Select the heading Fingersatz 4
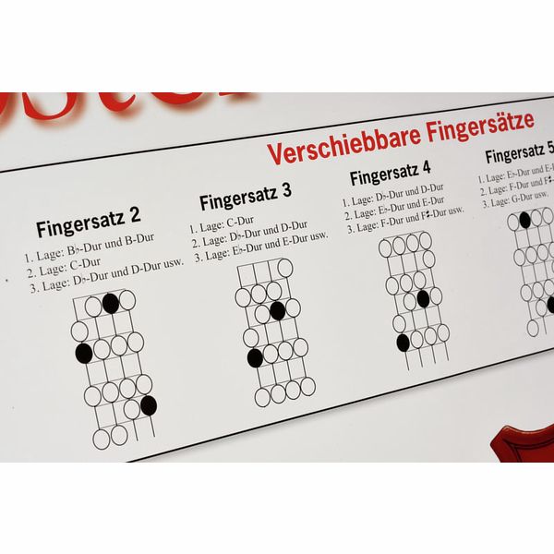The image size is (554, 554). (391, 173)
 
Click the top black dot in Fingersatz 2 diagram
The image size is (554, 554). (111, 302)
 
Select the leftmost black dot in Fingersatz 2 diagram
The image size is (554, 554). (83, 352)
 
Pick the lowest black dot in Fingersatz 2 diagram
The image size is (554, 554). (148, 404)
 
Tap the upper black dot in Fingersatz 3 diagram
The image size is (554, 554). (277, 310)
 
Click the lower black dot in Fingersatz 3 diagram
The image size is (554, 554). (255, 357)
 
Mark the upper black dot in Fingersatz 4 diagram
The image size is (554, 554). (423, 298)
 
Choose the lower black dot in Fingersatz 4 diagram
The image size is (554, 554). (403, 343)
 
